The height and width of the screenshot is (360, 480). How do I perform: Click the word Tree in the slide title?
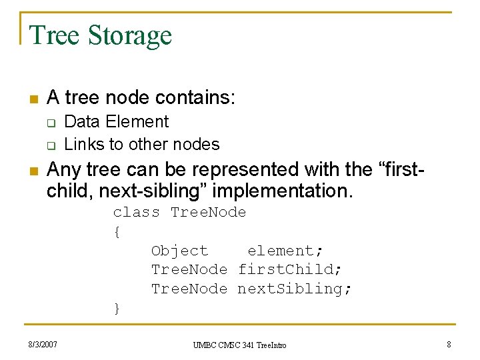click(x=54, y=35)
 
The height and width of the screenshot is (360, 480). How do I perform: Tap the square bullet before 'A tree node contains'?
click(x=33, y=99)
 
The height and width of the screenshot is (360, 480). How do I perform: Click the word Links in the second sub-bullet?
click(x=81, y=144)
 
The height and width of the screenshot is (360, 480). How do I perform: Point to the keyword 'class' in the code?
click(x=136, y=213)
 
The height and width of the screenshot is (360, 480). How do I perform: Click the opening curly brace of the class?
click(x=117, y=232)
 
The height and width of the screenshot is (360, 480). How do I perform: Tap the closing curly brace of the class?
click(x=117, y=308)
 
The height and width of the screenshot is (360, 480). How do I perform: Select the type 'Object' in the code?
click(x=179, y=251)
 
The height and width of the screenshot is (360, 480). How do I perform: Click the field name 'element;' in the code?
click(x=285, y=251)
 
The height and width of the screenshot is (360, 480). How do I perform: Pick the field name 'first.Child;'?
click(x=290, y=270)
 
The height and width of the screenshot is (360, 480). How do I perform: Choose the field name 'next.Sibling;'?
click(x=295, y=289)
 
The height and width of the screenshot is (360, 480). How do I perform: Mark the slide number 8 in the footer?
click(x=448, y=345)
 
